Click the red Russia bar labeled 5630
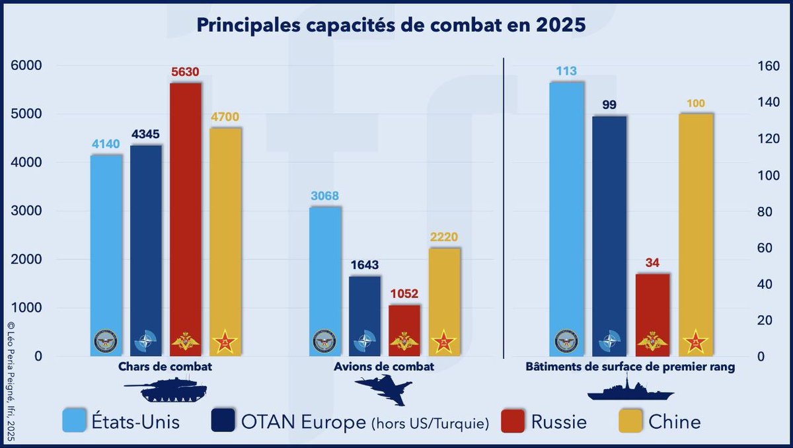tap(186, 211)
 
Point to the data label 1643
tap(365, 264)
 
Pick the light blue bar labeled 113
tap(567, 211)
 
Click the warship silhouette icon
tap(631, 391)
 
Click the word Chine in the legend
tap(674, 421)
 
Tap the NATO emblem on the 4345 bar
tap(145, 342)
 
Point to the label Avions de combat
tap(394, 367)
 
